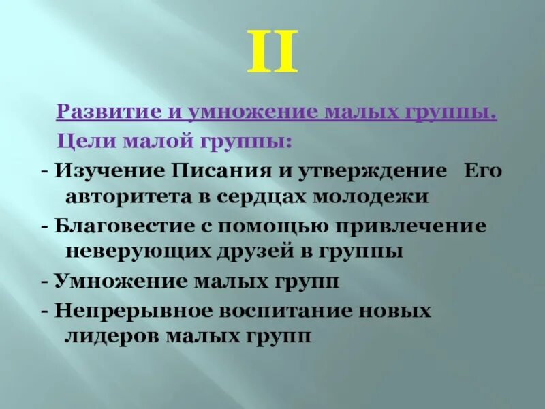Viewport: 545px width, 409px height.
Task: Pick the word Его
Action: [482, 171]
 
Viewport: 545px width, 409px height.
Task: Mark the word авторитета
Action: [135, 197]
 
